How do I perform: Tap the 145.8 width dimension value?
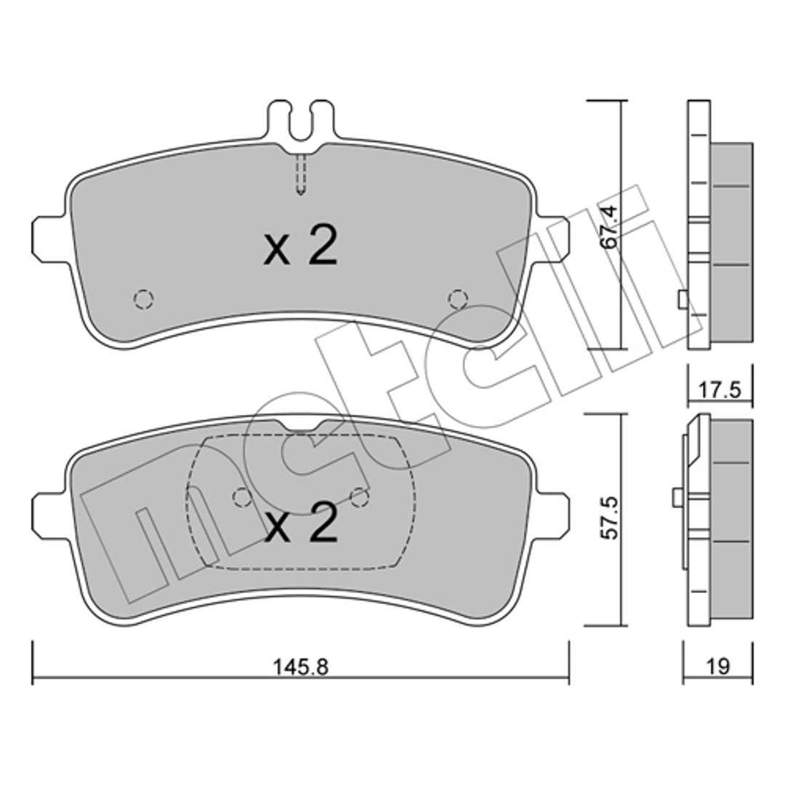click(x=300, y=667)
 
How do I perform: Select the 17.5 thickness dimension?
click(x=720, y=390)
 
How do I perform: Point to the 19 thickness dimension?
click(x=718, y=667)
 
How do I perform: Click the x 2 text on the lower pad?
click(x=300, y=523)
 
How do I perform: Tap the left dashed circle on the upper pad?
click(x=144, y=299)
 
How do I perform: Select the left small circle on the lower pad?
click(x=243, y=496)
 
